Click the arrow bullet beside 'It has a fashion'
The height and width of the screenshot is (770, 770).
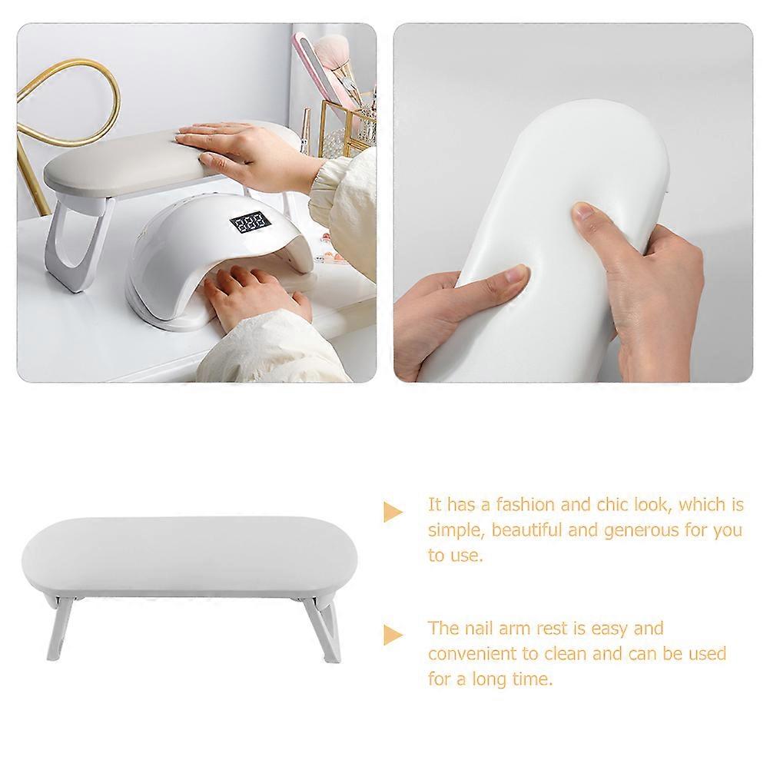tap(393, 511)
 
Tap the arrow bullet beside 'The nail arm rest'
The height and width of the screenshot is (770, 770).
tap(393, 635)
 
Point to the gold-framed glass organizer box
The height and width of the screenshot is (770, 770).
tap(350, 123)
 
